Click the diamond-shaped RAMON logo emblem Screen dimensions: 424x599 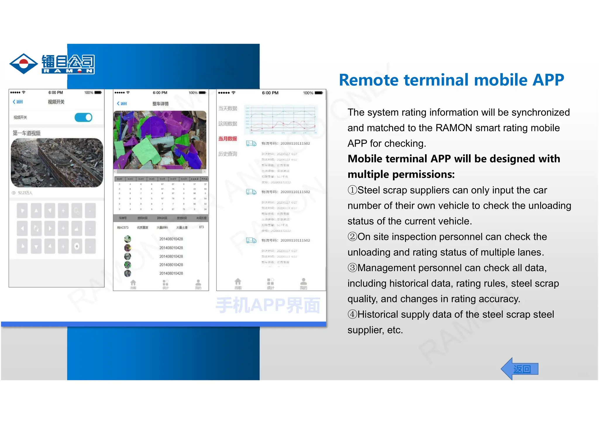point(23,64)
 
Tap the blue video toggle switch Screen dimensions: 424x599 point(83,117)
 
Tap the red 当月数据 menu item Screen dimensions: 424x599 point(228,139)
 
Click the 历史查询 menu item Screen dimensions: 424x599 point(228,154)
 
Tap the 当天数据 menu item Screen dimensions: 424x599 point(228,108)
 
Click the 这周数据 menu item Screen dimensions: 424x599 point(228,124)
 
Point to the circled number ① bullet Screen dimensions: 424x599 point(352,190)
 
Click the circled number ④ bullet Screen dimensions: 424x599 point(352,314)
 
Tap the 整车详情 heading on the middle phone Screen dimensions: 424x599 point(160,104)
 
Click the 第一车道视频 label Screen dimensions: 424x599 point(27,133)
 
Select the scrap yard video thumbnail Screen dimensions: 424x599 point(57,163)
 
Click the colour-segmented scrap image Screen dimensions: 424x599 point(160,140)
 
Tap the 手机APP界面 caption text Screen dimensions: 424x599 point(268,305)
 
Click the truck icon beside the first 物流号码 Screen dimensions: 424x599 point(251,143)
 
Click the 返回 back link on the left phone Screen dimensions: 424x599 point(18,102)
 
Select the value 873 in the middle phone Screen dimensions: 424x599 point(201,227)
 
